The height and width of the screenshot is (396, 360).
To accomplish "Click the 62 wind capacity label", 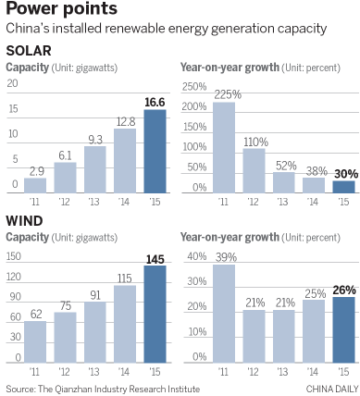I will pos(34,316).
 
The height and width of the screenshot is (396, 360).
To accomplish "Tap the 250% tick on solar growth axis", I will pos(194,86).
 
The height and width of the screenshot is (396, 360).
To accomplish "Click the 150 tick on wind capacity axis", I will pos(13,255).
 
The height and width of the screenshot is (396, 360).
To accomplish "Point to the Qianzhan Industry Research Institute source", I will pos(101,387).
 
